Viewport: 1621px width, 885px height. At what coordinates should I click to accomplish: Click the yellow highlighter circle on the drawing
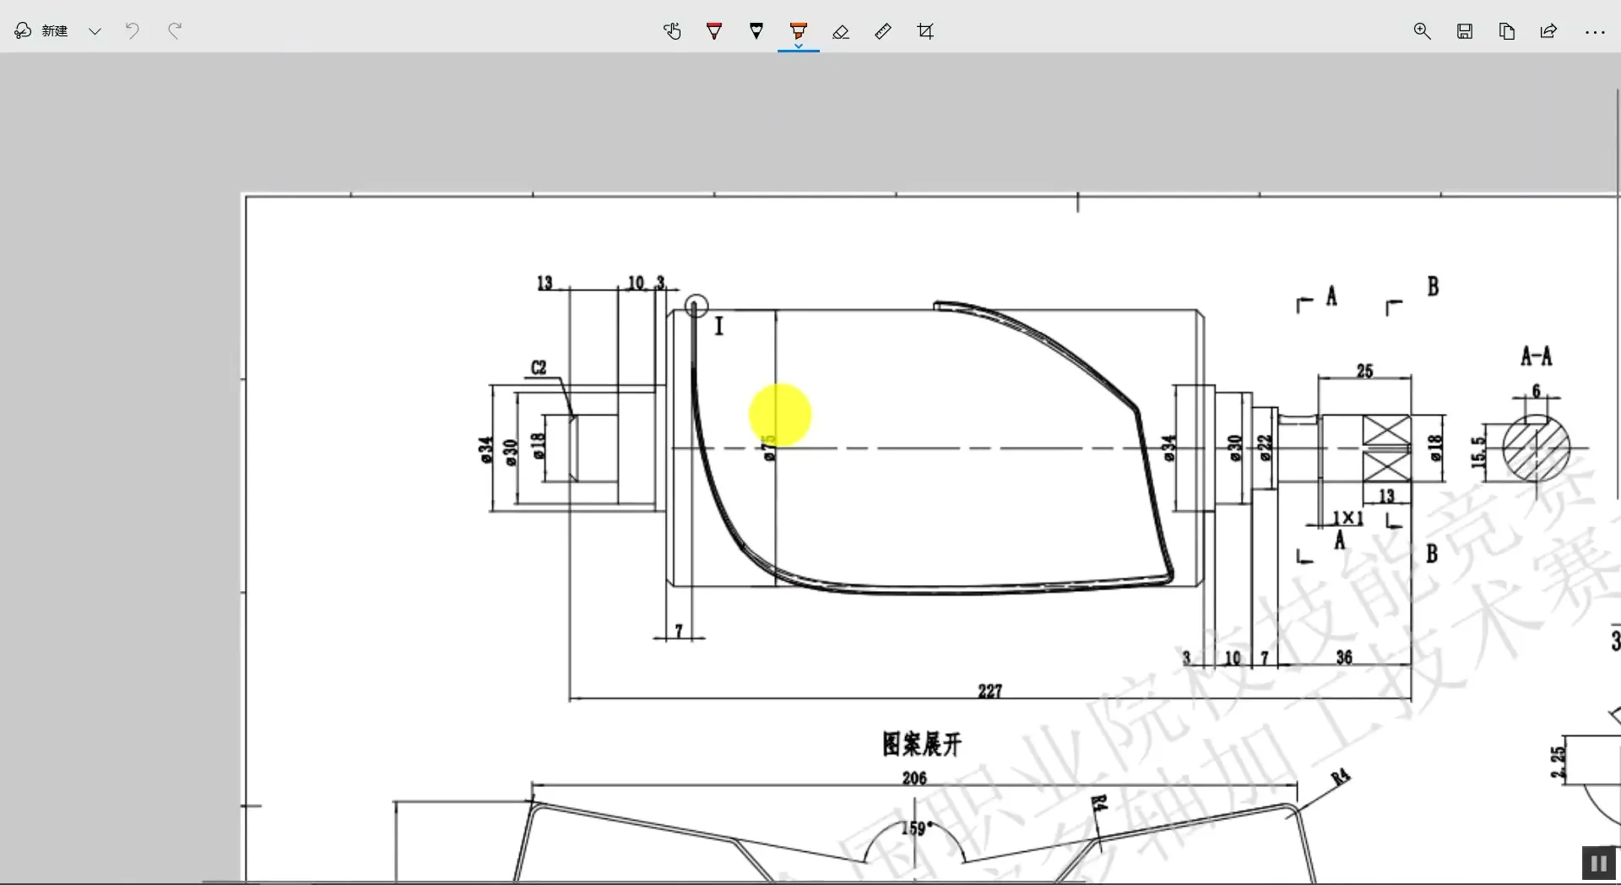pyautogui.click(x=780, y=415)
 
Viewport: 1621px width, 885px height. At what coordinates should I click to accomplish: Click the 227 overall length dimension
pyautogui.click(x=989, y=691)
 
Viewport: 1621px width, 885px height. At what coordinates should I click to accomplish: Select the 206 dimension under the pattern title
pyautogui.click(x=914, y=778)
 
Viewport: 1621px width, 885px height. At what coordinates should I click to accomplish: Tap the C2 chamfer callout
pyautogui.click(x=539, y=367)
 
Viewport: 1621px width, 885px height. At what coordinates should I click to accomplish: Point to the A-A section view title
pyautogui.click(x=1536, y=356)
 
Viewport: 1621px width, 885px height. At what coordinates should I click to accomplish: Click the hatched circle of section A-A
pyautogui.click(x=1537, y=448)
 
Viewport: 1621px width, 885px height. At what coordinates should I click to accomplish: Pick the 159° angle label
pyautogui.click(x=917, y=828)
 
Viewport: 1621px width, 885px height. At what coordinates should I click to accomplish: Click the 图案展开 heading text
pyautogui.click(x=922, y=744)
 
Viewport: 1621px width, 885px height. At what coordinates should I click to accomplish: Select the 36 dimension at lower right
pyautogui.click(x=1344, y=657)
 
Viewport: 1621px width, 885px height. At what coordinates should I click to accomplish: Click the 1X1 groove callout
pyautogui.click(x=1347, y=518)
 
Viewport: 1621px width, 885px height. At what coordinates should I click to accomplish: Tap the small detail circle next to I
pyautogui.click(x=696, y=306)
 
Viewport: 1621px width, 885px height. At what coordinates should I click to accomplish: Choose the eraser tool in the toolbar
pyautogui.click(x=841, y=32)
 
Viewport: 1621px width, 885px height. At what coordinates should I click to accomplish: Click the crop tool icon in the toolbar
pyautogui.click(x=925, y=32)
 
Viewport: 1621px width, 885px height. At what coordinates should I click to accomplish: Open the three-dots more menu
pyautogui.click(x=1594, y=32)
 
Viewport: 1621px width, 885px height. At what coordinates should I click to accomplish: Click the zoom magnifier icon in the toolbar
pyautogui.click(x=1422, y=32)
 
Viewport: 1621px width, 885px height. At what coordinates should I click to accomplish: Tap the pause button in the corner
pyautogui.click(x=1597, y=863)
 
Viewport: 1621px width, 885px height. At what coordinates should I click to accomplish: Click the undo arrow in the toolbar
pyautogui.click(x=133, y=31)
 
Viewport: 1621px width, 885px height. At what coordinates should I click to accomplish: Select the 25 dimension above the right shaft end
pyautogui.click(x=1364, y=371)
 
